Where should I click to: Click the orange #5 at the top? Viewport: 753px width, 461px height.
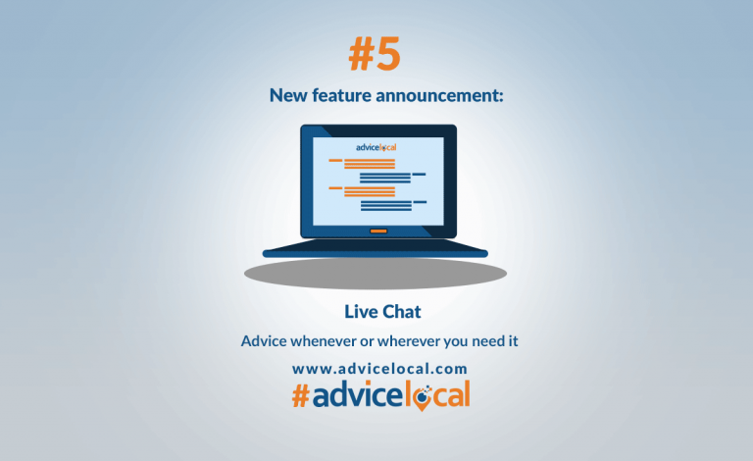376,55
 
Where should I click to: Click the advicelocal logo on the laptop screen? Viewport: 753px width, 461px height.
376,147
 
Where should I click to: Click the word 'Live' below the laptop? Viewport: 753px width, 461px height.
360,312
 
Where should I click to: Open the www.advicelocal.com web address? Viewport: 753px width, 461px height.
379,369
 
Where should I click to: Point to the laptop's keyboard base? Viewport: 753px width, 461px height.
376,251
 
